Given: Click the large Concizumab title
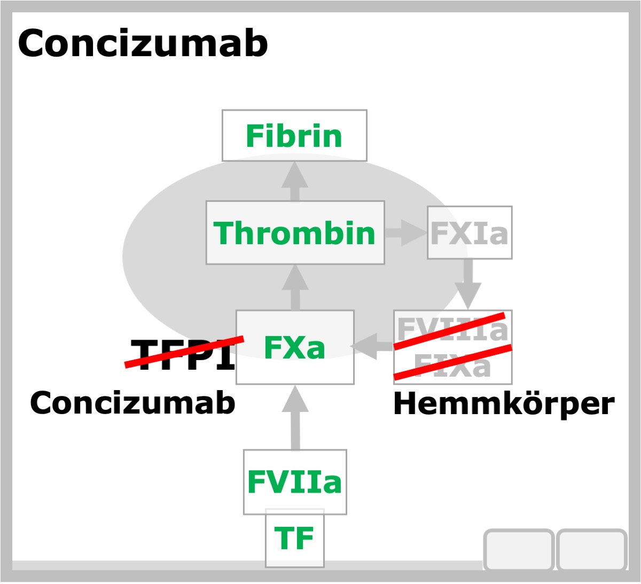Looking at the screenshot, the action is coord(143,43).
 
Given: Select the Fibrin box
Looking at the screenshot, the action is coord(294,136).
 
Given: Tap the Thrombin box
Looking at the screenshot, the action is coord(295,233).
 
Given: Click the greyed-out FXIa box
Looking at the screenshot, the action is coord(470,233).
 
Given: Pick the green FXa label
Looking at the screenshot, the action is coord(294,347).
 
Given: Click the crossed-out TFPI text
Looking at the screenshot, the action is coord(183,354).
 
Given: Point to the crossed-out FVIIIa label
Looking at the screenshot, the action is coord(452,329).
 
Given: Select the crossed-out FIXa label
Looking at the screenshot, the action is coord(452,365).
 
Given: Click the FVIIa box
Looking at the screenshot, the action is coord(295,482).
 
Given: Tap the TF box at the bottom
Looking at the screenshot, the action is coord(295,538).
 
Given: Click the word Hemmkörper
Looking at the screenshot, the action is coord(504,404).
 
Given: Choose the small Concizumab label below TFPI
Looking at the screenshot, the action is coord(132,403).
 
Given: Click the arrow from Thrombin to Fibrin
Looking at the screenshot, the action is coord(295,182).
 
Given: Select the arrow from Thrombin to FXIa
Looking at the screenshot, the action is coord(406,233).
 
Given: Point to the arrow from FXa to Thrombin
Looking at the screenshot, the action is coord(295,287).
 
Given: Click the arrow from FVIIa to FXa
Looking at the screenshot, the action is coord(295,417).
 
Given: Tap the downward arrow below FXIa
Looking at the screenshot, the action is coord(468,284).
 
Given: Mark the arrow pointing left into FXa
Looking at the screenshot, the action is coord(372,347).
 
